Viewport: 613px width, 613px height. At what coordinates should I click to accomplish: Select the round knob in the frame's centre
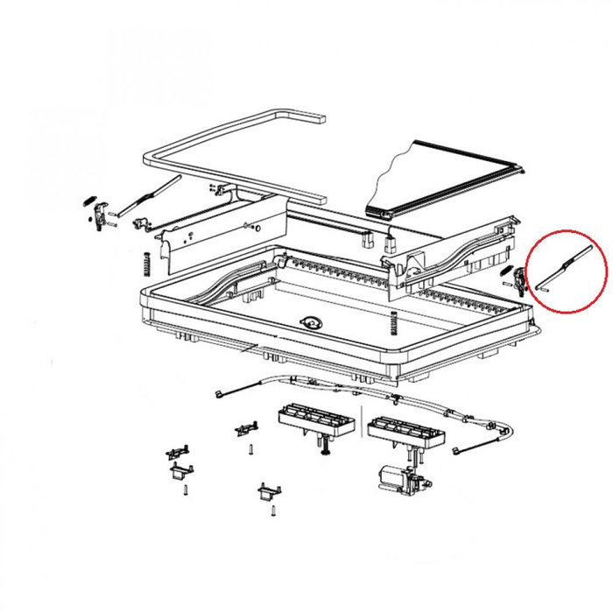pyautogui.click(x=312, y=321)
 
